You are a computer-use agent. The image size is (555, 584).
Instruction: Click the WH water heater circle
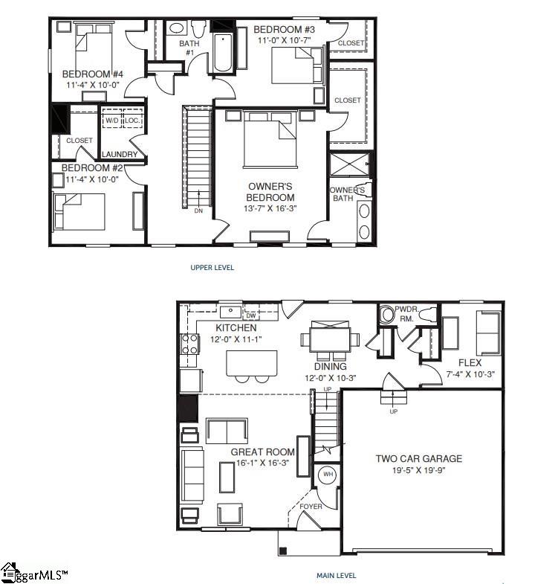tap(327, 474)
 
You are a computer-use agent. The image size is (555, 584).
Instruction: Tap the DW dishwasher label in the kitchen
tap(250, 315)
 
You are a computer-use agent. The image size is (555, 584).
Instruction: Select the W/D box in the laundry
tap(111, 119)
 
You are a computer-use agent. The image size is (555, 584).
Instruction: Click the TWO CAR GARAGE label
tap(418, 458)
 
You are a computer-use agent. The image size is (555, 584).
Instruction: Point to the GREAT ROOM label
tap(262, 452)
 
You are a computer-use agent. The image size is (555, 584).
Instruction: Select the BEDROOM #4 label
tap(92, 74)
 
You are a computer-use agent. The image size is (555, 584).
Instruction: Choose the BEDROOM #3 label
tap(285, 30)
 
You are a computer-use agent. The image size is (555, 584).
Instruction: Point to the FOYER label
tap(311, 507)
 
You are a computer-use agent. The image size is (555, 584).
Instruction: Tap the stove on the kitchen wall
tap(189, 344)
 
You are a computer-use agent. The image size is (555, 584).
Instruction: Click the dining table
tap(329, 338)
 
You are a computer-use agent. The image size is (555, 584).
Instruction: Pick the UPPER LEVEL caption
tap(212, 268)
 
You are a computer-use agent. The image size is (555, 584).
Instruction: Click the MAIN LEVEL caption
tap(336, 575)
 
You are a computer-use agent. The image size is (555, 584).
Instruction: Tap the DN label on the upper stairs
tap(198, 211)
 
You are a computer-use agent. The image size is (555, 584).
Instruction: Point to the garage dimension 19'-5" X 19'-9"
tap(418, 470)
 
